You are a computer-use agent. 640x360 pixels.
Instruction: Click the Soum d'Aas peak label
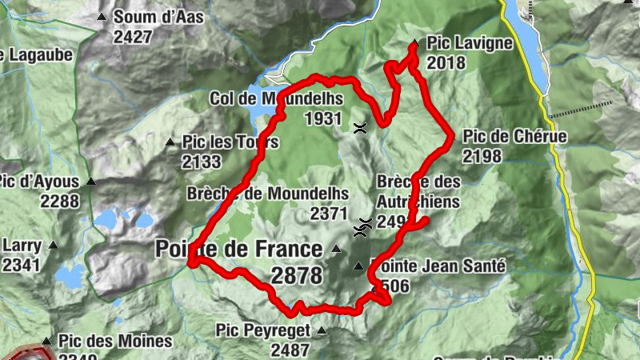(x=158, y=17)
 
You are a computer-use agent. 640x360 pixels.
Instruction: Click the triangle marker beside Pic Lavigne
(x=414, y=43)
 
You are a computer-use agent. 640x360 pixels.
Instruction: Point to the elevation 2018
(x=446, y=62)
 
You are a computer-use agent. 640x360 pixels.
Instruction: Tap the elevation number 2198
(x=482, y=155)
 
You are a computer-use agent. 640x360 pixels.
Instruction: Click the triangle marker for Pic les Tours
(x=170, y=142)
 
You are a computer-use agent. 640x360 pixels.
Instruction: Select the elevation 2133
(x=202, y=162)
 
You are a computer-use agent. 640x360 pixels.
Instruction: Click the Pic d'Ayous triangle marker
(x=91, y=182)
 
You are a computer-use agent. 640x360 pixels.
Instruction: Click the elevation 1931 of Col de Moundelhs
(x=324, y=118)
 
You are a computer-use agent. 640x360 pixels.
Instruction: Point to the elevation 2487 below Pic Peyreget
(x=290, y=350)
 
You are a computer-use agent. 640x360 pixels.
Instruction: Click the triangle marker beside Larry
(x=54, y=245)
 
